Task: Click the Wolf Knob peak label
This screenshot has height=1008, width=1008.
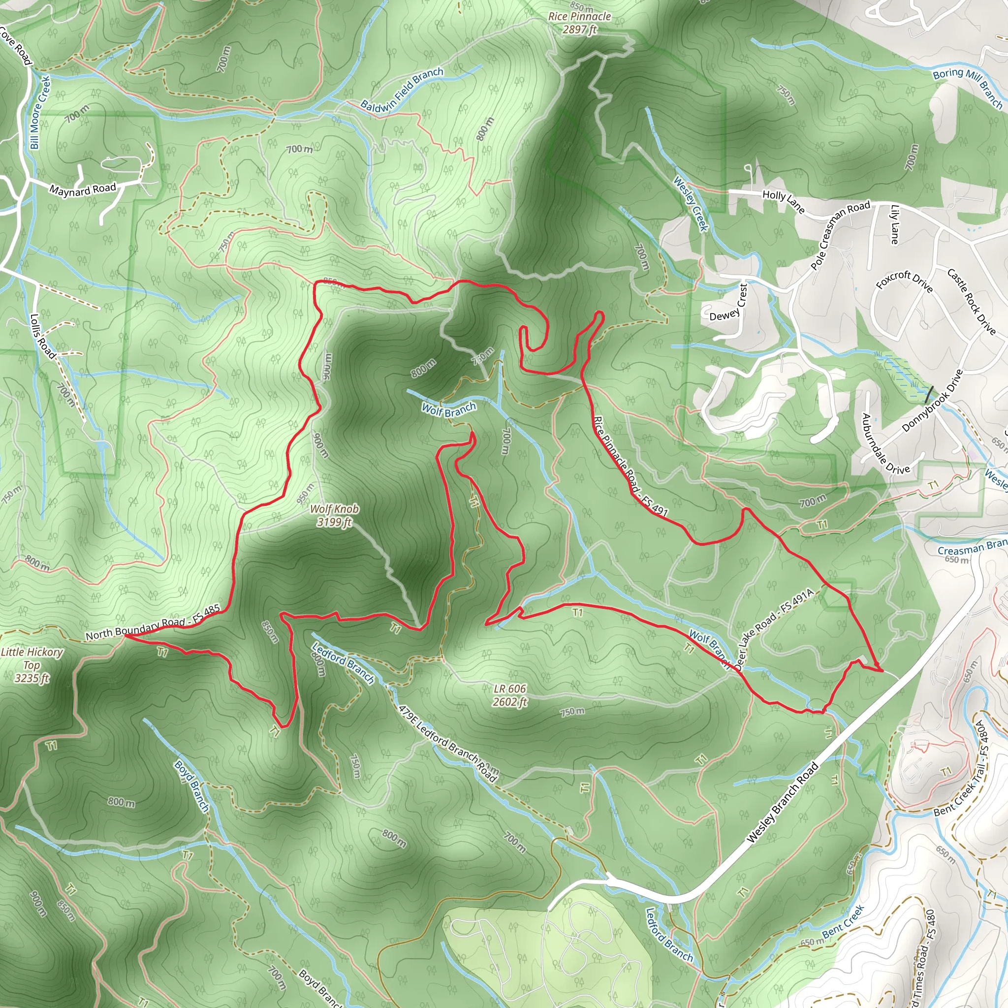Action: [x=334, y=515]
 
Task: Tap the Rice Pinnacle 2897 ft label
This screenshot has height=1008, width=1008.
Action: [x=579, y=23]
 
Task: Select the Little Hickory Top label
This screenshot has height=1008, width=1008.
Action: [x=32, y=664]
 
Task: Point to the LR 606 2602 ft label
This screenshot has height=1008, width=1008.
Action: [x=510, y=695]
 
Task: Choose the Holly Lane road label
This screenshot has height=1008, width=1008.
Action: [x=783, y=201]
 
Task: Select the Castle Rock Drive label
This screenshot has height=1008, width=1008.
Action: [x=972, y=302]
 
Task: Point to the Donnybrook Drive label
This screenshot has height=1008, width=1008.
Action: [x=932, y=401]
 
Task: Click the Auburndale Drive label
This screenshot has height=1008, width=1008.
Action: [x=885, y=444]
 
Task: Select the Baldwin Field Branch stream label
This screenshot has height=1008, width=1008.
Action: [x=402, y=90]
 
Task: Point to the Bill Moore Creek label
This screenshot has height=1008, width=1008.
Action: [x=40, y=112]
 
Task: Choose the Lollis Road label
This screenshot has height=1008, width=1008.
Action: [x=42, y=336]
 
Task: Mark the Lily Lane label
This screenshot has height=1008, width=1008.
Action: [x=894, y=224]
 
